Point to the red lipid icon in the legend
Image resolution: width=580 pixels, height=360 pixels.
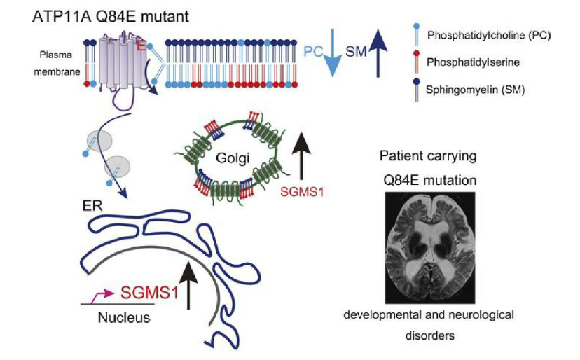point(417,61)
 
